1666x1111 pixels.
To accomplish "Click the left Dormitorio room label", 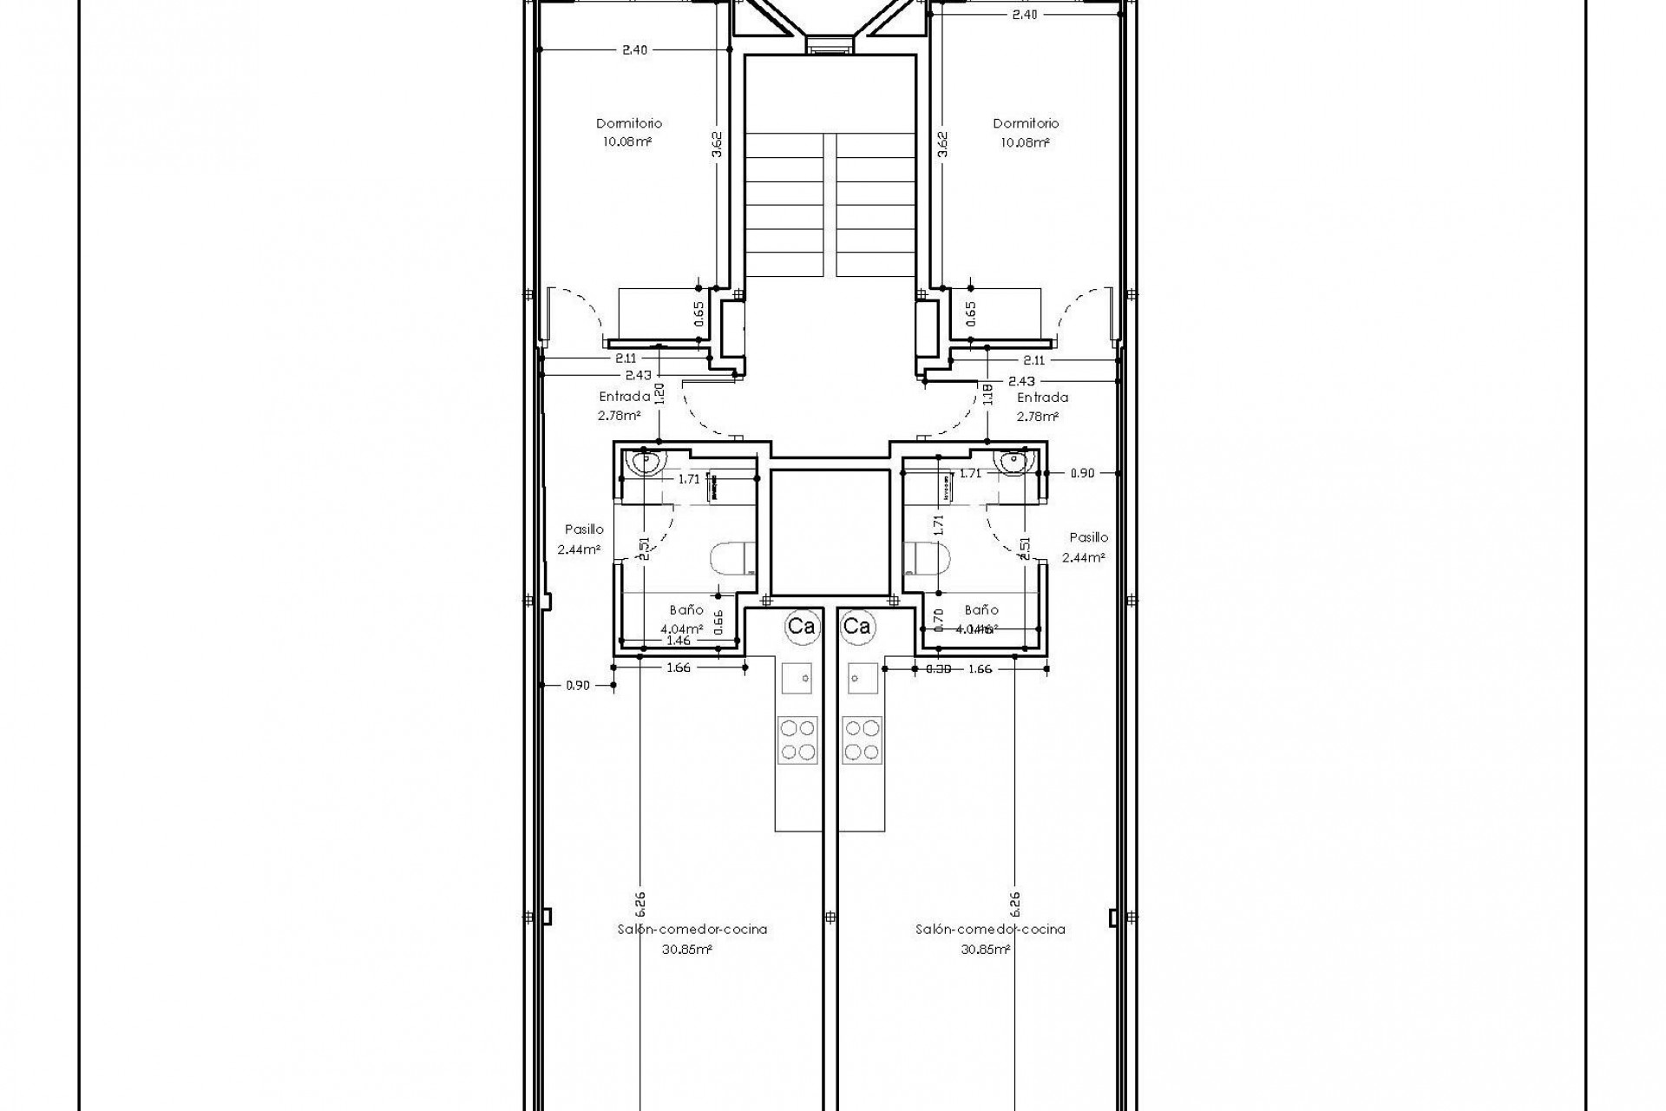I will (x=629, y=123).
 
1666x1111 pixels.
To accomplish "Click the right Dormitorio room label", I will (x=1026, y=123).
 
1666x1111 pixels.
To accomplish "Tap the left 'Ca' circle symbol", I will (x=801, y=626).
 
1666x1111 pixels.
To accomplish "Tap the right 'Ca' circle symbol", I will (x=857, y=626).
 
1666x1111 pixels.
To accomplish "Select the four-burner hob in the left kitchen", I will (x=797, y=740).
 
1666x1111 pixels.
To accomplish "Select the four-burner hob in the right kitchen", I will (x=862, y=740).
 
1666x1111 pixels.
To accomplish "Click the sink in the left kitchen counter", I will (x=797, y=677).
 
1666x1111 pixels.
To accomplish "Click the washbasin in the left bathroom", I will (x=646, y=463).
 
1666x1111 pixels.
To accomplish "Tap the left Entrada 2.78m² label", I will (x=623, y=406).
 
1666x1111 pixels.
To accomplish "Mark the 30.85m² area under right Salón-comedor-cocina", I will (x=985, y=950).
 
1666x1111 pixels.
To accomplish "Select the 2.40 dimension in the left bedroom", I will (x=634, y=50).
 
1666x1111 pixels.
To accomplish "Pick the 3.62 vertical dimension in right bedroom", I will (x=943, y=144).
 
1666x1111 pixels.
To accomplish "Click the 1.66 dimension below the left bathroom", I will (x=679, y=668).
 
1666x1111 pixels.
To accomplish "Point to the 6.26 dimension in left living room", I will (x=640, y=904).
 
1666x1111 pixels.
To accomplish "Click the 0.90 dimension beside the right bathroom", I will (x=1082, y=473).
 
